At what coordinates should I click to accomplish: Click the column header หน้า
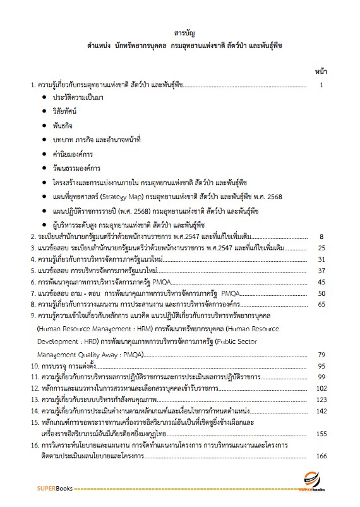click(x=320, y=72)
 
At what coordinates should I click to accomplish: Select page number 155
click(x=321, y=434)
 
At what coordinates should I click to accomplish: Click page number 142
click(x=321, y=411)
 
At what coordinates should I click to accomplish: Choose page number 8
click(x=322, y=236)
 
